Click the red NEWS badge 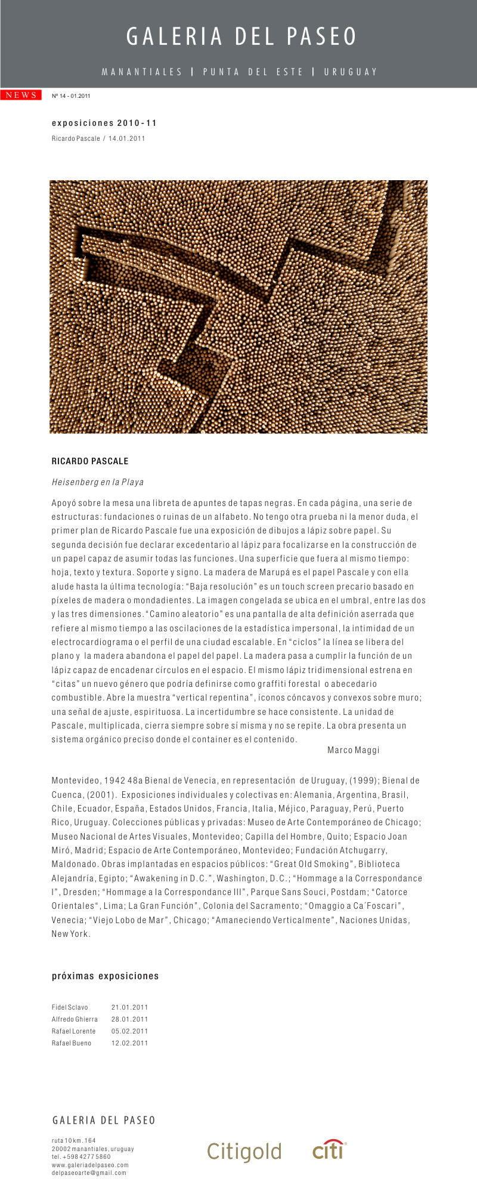[21, 95]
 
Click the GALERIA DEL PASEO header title [241, 37]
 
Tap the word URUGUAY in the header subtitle [351, 72]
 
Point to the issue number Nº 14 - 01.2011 [71, 95]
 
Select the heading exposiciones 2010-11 [104, 123]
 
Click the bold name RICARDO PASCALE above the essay [90, 461]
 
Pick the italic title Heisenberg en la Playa [98, 482]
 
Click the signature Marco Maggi [353, 750]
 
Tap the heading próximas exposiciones [106, 976]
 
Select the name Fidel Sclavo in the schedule [70, 1007]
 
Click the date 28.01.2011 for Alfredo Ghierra [129, 1019]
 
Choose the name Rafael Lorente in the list [73, 1031]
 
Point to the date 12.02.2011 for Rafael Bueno [129, 1043]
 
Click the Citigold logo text [244, 1151]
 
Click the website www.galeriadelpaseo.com [90, 1165]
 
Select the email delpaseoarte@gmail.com [89, 1173]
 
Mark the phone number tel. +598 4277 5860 [81, 1156]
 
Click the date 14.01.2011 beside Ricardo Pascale [126, 138]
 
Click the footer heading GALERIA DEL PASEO [104, 1121]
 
